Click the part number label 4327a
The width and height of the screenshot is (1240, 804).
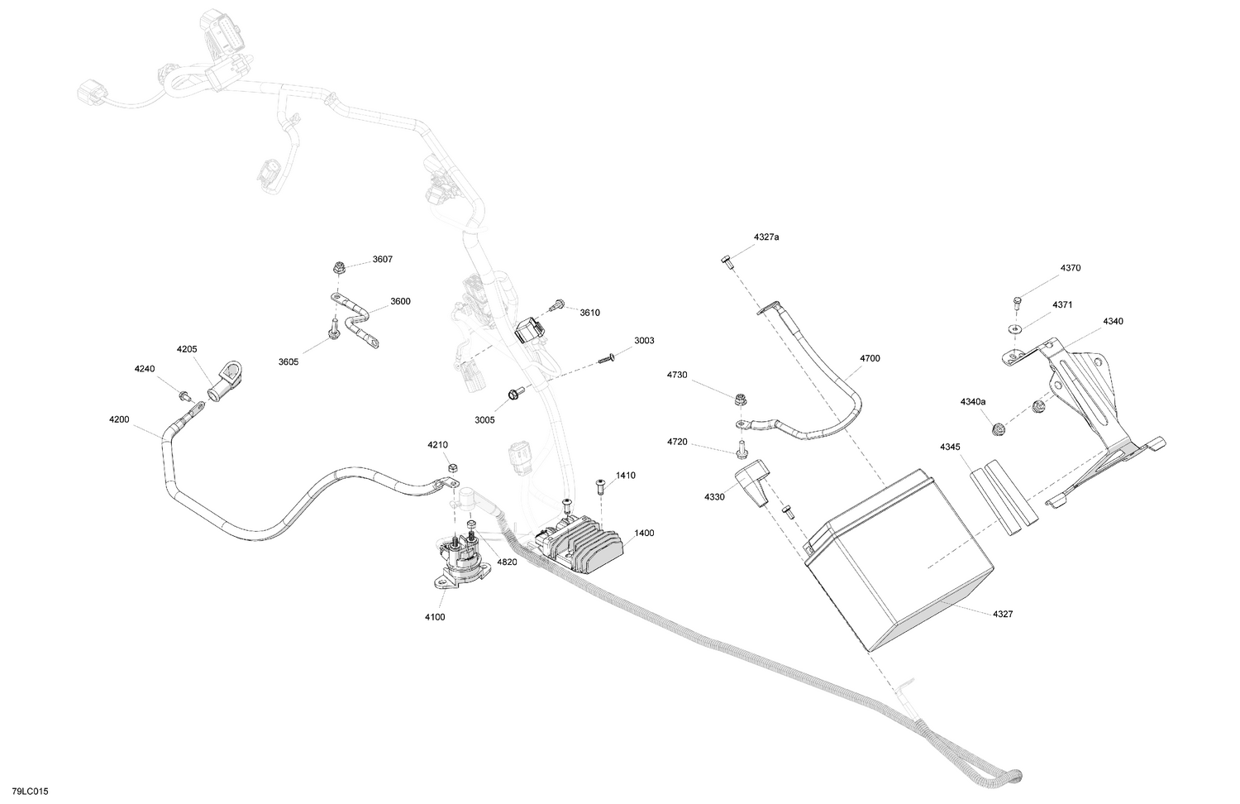pyautogui.click(x=766, y=237)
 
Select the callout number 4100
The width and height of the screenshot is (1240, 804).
pyautogui.click(x=435, y=617)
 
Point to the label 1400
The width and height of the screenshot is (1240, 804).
pyautogui.click(x=644, y=533)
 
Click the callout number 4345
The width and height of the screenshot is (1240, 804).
pyautogui.click(x=950, y=447)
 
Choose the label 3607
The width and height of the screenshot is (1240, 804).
pyautogui.click(x=383, y=259)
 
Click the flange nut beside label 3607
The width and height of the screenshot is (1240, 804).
pyautogui.click(x=337, y=269)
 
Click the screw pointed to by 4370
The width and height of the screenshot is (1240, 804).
pyautogui.click(x=1016, y=303)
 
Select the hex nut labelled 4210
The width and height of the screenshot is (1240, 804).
pyautogui.click(x=451, y=467)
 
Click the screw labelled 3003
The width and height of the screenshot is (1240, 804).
pyautogui.click(x=606, y=358)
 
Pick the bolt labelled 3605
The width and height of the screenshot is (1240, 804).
pyautogui.click(x=334, y=328)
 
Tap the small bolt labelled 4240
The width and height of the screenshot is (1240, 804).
pyautogui.click(x=184, y=395)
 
